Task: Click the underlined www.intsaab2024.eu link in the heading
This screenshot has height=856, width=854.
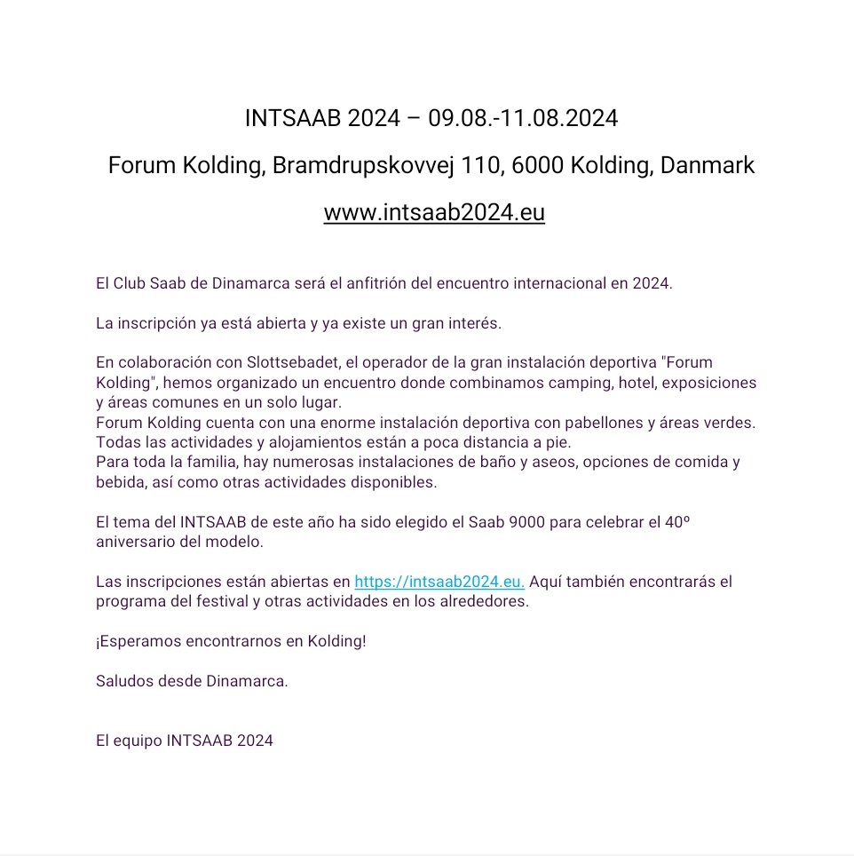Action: pos(434,213)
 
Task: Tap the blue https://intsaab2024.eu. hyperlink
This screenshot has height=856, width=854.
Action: pos(439,583)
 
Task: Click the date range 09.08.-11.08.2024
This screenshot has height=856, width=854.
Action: pos(523,118)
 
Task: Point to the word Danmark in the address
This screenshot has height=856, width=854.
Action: pos(708,165)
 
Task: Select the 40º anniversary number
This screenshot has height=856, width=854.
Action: pos(676,522)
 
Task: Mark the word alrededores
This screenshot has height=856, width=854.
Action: pos(484,601)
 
